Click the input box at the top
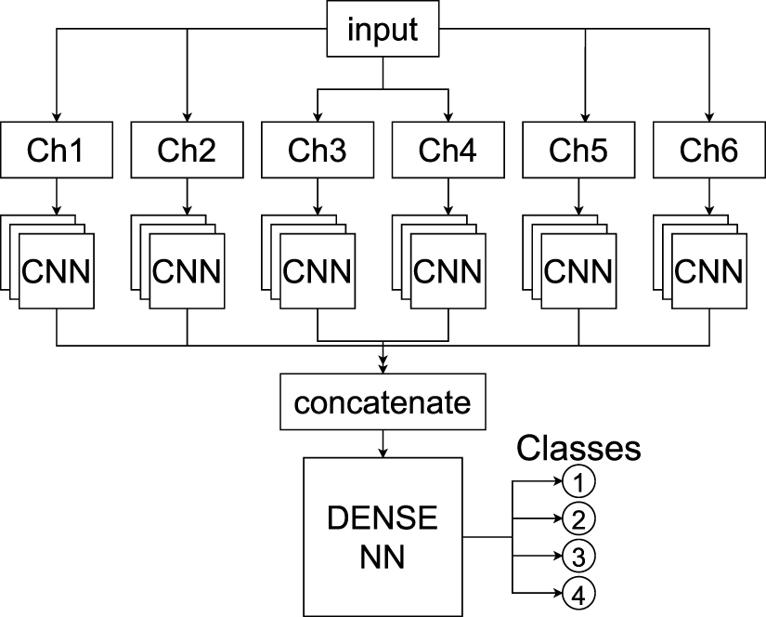[x=383, y=30]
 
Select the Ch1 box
[x=58, y=150]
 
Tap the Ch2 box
[x=188, y=150]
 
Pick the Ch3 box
[x=318, y=150]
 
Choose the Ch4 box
[x=448, y=150]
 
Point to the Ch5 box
[x=578, y=150]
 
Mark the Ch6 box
[x=709, y=150]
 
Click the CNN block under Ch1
[x=58, y=271]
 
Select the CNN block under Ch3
[x=318, y=271]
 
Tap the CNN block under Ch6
[x=709, y=271]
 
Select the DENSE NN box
[x=383, y=537]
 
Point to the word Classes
[x=578, y=449]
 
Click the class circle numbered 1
[x=578, y=481]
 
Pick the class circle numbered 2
[x=578, y=519]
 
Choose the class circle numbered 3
[x=578, y=556]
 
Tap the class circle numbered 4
[x=578, y=593]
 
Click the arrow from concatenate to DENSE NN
[x=383, y=443]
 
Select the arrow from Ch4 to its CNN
[x=448, y=196]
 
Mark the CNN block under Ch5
[x=578, y=271]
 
